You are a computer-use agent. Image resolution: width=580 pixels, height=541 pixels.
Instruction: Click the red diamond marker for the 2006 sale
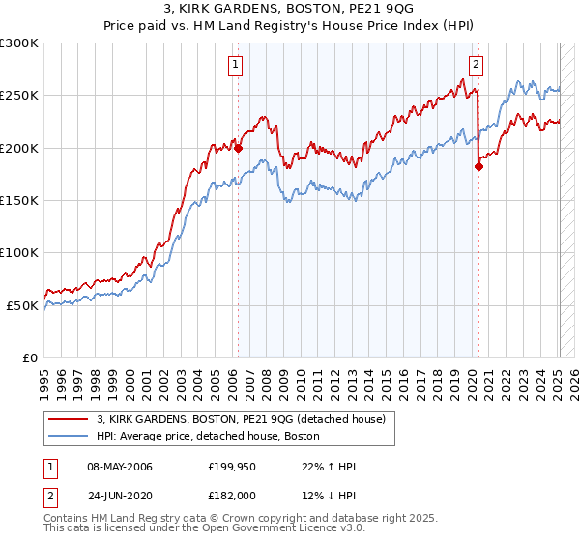pos(238,148)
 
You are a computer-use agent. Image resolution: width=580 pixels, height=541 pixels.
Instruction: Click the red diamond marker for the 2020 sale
pos(478,167)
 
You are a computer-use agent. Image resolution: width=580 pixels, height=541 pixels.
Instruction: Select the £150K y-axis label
pos(19,200)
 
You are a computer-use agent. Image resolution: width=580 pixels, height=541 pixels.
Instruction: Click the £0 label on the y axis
pos(29,357)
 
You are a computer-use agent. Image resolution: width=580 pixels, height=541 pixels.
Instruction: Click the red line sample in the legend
pos(68,419)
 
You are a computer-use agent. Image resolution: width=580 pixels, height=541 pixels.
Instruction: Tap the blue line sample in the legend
pos(68,437)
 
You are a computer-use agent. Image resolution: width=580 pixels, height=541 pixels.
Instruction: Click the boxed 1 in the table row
pos(49,468)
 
